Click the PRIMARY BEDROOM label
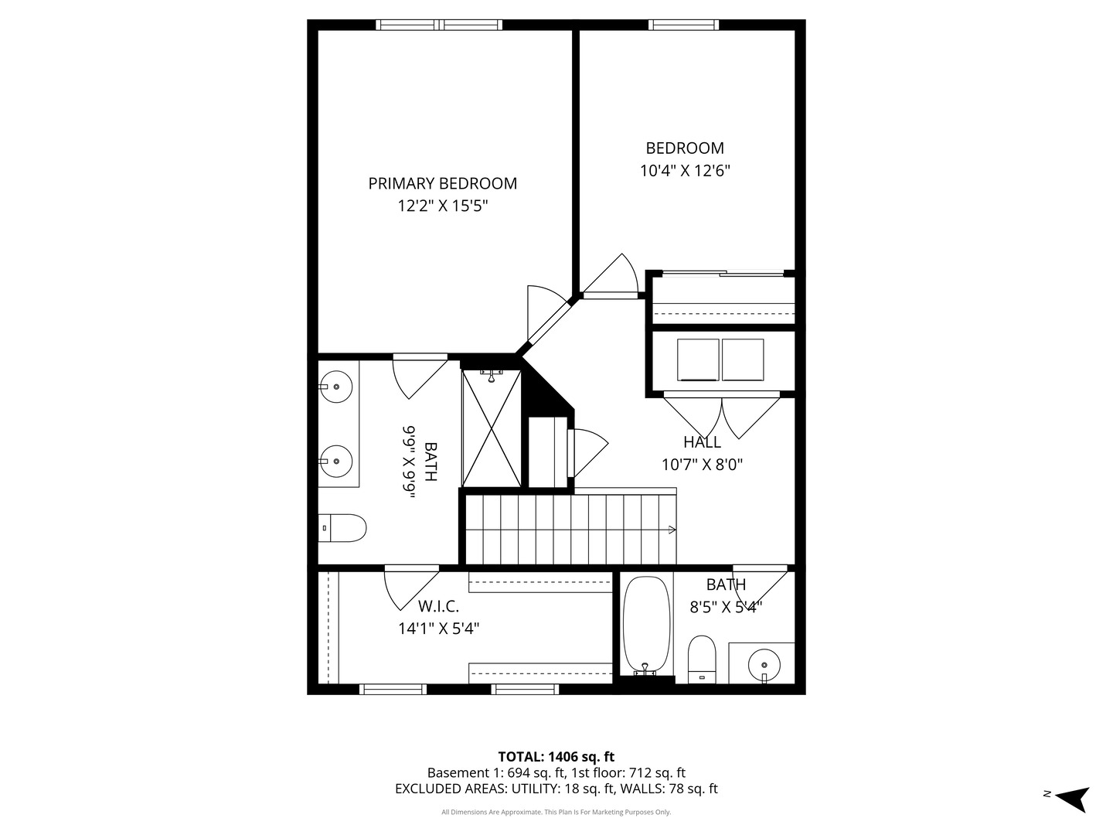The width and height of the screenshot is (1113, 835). click(442, 183)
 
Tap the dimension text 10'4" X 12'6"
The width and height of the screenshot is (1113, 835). click(685, 171)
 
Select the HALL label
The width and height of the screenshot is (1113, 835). click(702, 442)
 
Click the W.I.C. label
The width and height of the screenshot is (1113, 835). click(438, 606)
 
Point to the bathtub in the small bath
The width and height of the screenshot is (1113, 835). click(646, 625)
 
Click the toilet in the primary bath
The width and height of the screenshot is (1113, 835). click(342, 528)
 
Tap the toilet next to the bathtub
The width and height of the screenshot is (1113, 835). click(702, 659)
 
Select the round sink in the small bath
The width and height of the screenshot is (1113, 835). click(764, 664)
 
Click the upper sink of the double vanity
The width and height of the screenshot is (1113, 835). click(337, 385)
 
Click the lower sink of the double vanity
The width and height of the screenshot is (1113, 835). click(337, 461)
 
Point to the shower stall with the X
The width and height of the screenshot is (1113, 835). click(492, 428)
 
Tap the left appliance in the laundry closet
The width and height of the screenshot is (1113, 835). click(698, 360)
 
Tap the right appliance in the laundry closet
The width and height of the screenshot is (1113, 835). click(743, 360)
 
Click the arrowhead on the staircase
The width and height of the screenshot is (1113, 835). click(672, 530)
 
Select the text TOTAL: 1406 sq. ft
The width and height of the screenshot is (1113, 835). click(556, 756)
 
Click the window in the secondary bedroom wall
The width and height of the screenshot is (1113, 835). click(683, 25)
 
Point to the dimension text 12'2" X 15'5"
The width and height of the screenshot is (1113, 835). click(442, 206)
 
